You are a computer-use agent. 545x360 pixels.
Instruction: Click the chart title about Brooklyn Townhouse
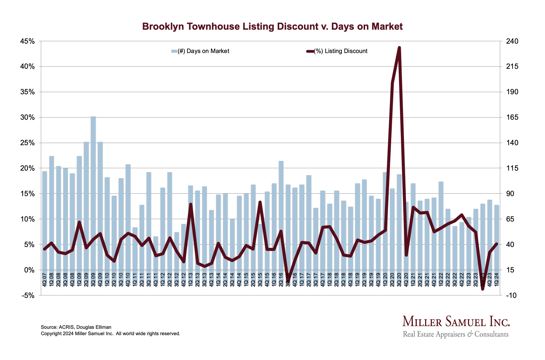[x=272, y=27]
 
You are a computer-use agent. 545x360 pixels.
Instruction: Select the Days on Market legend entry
[x=200, y=51]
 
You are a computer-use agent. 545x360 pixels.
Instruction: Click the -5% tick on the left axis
[x=28, y=295]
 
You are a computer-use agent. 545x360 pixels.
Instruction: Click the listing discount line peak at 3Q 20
[x=399, y=48]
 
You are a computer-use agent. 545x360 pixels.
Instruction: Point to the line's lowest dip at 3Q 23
[x=483, y=289]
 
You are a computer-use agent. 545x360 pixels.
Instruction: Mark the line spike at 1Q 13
[x=191, y=204]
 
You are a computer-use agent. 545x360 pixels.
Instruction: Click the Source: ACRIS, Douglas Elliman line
[x=76, y=327]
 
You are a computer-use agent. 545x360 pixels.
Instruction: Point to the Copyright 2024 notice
[x=110, y=334]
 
